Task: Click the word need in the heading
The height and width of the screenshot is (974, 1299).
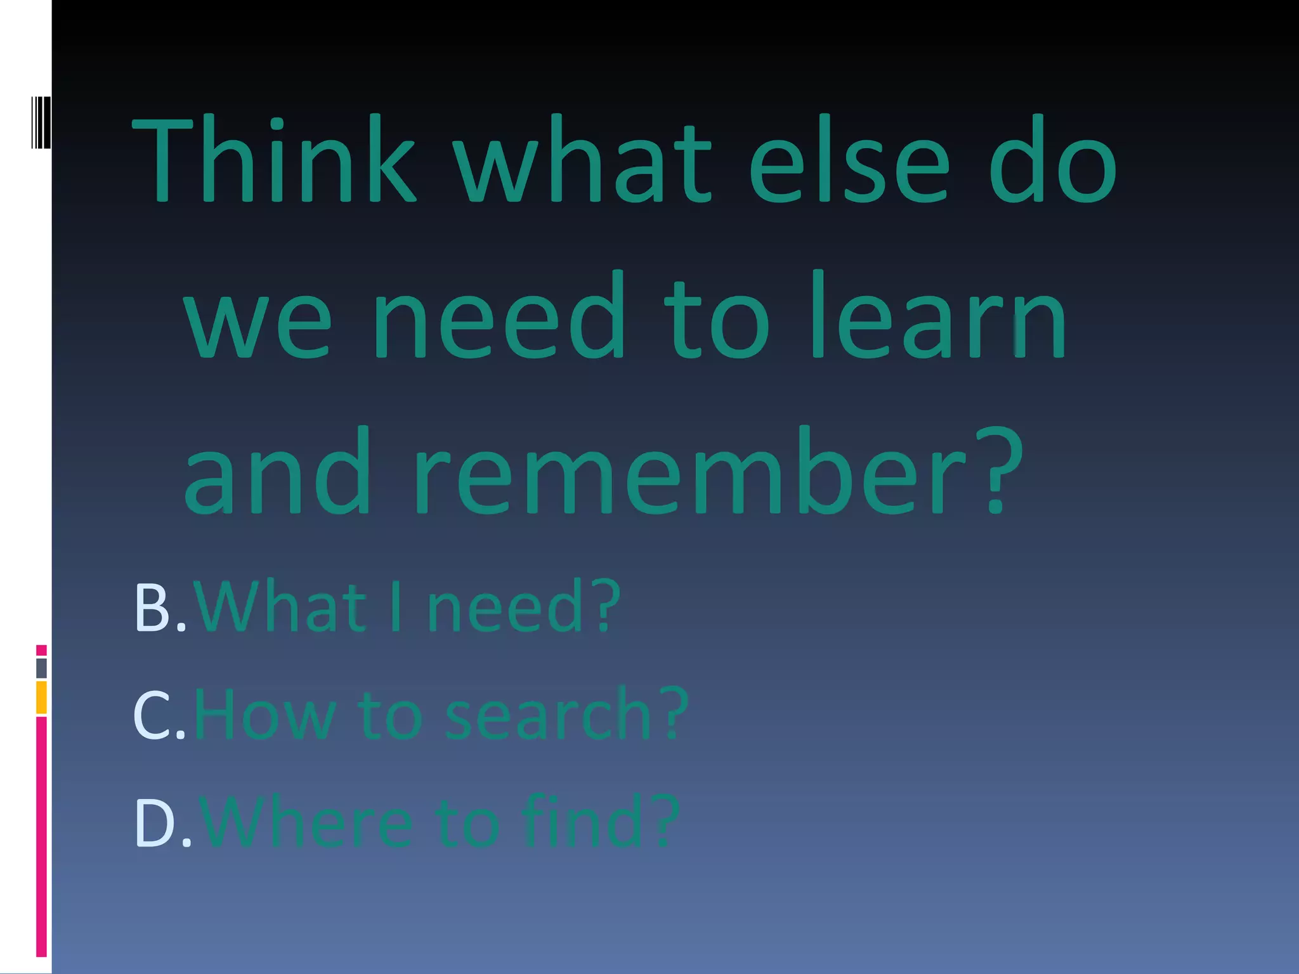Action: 499,316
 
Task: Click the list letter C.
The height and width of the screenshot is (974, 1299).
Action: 151,715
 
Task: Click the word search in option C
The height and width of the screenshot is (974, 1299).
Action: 549,715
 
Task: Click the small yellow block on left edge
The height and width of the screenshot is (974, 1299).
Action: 41,697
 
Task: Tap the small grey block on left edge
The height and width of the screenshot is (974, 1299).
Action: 41,668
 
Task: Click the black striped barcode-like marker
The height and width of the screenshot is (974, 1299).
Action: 41,122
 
